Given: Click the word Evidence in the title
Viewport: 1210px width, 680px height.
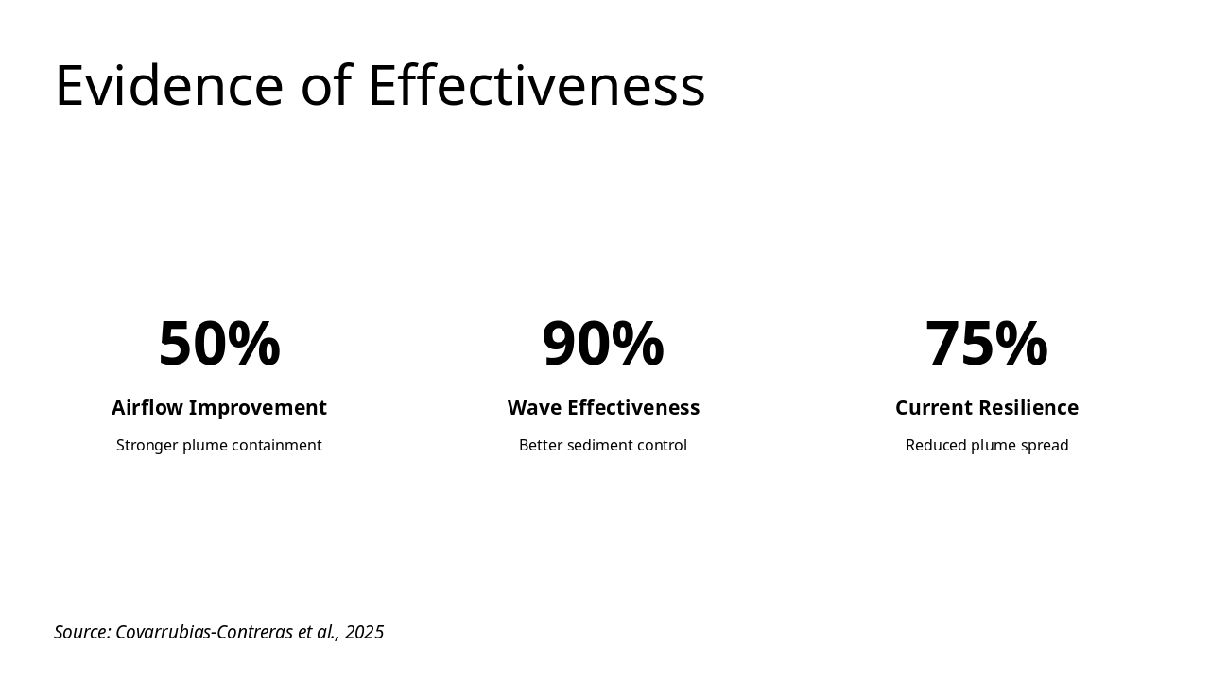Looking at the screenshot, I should point(169,86).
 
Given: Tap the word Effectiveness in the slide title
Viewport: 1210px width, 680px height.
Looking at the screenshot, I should point(536,86).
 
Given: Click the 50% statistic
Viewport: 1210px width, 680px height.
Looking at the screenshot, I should point(219,344).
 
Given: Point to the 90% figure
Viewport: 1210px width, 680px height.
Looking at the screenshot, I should point(603,344).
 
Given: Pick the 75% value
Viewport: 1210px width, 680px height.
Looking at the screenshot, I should point(986,344).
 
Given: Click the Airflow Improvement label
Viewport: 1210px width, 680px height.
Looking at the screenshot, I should point(219,408).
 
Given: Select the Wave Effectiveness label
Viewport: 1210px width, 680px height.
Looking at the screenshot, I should point(603,408).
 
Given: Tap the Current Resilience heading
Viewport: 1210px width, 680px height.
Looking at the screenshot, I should point(987,408).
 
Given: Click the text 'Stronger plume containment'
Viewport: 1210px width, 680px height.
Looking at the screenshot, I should point(219,445).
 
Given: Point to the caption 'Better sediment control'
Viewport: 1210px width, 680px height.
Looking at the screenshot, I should point(603,445).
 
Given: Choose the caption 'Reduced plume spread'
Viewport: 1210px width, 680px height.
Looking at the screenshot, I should point(987,445).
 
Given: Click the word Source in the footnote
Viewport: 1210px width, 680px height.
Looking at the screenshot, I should point(82,632).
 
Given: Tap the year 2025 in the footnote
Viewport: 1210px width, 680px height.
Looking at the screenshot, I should point(364,632).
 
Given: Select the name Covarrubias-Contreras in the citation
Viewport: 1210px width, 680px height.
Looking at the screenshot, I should point(204,632).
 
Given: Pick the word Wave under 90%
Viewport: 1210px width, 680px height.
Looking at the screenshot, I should point(534,408).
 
